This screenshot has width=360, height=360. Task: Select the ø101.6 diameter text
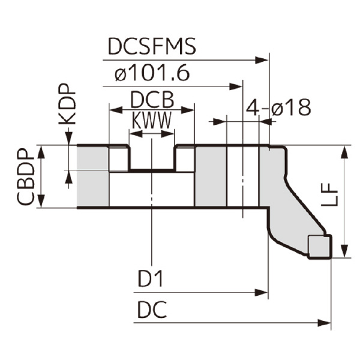(152, 74)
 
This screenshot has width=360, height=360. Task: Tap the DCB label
(152, 99)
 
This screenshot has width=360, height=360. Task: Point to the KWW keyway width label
(152, 120)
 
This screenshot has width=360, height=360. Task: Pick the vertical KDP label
(67, 103)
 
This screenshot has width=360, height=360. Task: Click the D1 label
(151, 280)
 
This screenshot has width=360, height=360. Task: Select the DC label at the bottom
(151, 310)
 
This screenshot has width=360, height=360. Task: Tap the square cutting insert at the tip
(319, 247)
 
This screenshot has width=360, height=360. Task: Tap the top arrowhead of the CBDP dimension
(41, 150)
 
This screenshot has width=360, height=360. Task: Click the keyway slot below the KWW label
(152, 158)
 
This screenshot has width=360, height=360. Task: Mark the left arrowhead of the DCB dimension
(113, 109)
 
